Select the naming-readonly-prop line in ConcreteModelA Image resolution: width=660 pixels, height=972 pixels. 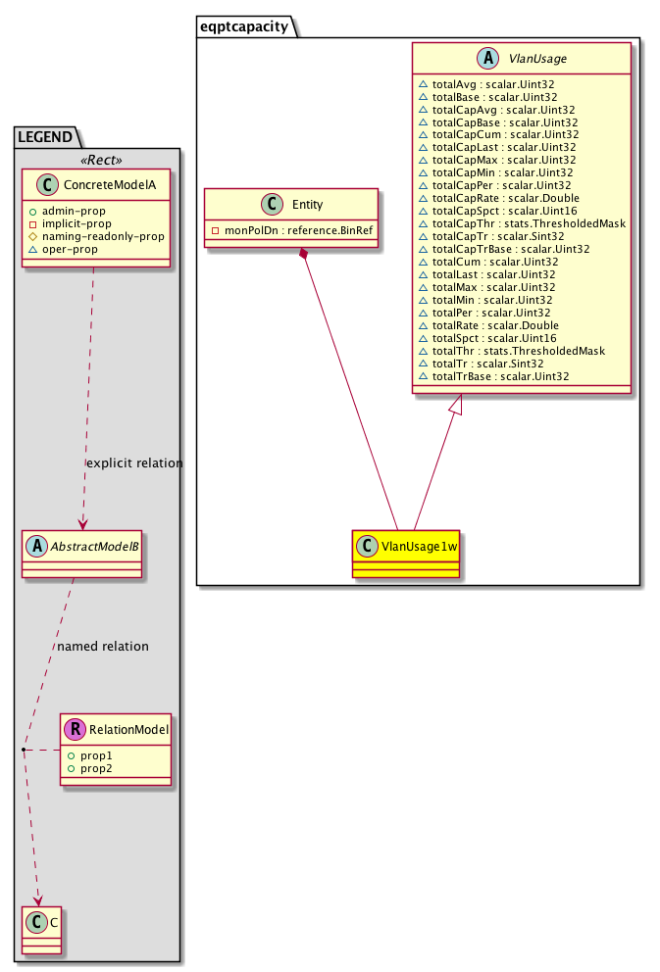coord(102,235)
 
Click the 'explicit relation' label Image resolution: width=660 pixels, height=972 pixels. coord(134,462)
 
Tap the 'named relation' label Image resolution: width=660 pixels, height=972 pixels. coord(103,646)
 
